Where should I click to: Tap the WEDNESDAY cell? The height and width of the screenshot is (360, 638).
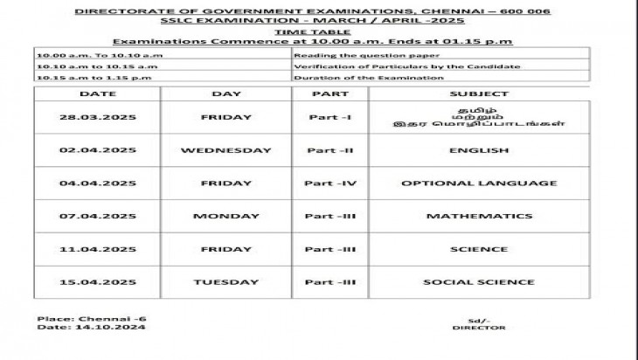click(x=225, y=150)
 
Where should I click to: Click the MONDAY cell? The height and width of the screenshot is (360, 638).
click(x=225, y=216)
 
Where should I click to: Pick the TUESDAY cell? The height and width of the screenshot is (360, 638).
click(x=225, y=282)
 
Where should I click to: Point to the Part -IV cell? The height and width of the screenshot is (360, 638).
click(x=329, y=183)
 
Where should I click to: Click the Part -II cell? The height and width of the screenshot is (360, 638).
click(x=329, y=150)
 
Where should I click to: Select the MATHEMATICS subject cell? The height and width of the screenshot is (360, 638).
click(x=478, y=216)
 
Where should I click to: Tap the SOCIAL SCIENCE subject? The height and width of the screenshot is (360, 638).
click(x=478, y=282)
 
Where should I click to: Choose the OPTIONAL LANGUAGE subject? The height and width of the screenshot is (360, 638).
click(x=478, y=183)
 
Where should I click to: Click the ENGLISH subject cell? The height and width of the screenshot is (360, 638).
click(x=478, y=150)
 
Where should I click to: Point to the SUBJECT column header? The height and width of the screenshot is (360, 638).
click(x=478, y=93)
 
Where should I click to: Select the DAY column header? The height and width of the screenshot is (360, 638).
click(x=225, y=93)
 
